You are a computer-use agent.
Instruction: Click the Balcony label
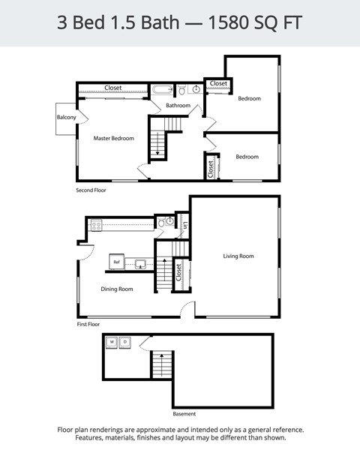[66, 118]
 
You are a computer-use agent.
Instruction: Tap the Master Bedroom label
[114, 138]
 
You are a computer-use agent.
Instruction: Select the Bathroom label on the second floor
[178, 106]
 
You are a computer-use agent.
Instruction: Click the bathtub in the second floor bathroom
[163, 90]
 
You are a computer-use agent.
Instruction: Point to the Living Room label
[238, 256]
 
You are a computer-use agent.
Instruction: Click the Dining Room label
[117, 289]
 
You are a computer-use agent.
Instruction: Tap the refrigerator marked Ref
[116, 262]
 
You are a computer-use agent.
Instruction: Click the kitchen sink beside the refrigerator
[139, 263]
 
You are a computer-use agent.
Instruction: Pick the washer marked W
[112, 342]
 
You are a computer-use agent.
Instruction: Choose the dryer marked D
[125, 342]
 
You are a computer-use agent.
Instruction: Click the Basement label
[184, 413]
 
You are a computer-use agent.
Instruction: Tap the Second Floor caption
[91, 190]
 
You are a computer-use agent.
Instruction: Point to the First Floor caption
[88, 325]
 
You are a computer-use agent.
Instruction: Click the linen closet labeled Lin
[184, 223]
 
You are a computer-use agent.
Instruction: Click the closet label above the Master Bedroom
[113, 88]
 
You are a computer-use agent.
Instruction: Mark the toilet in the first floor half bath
[169, 222]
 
